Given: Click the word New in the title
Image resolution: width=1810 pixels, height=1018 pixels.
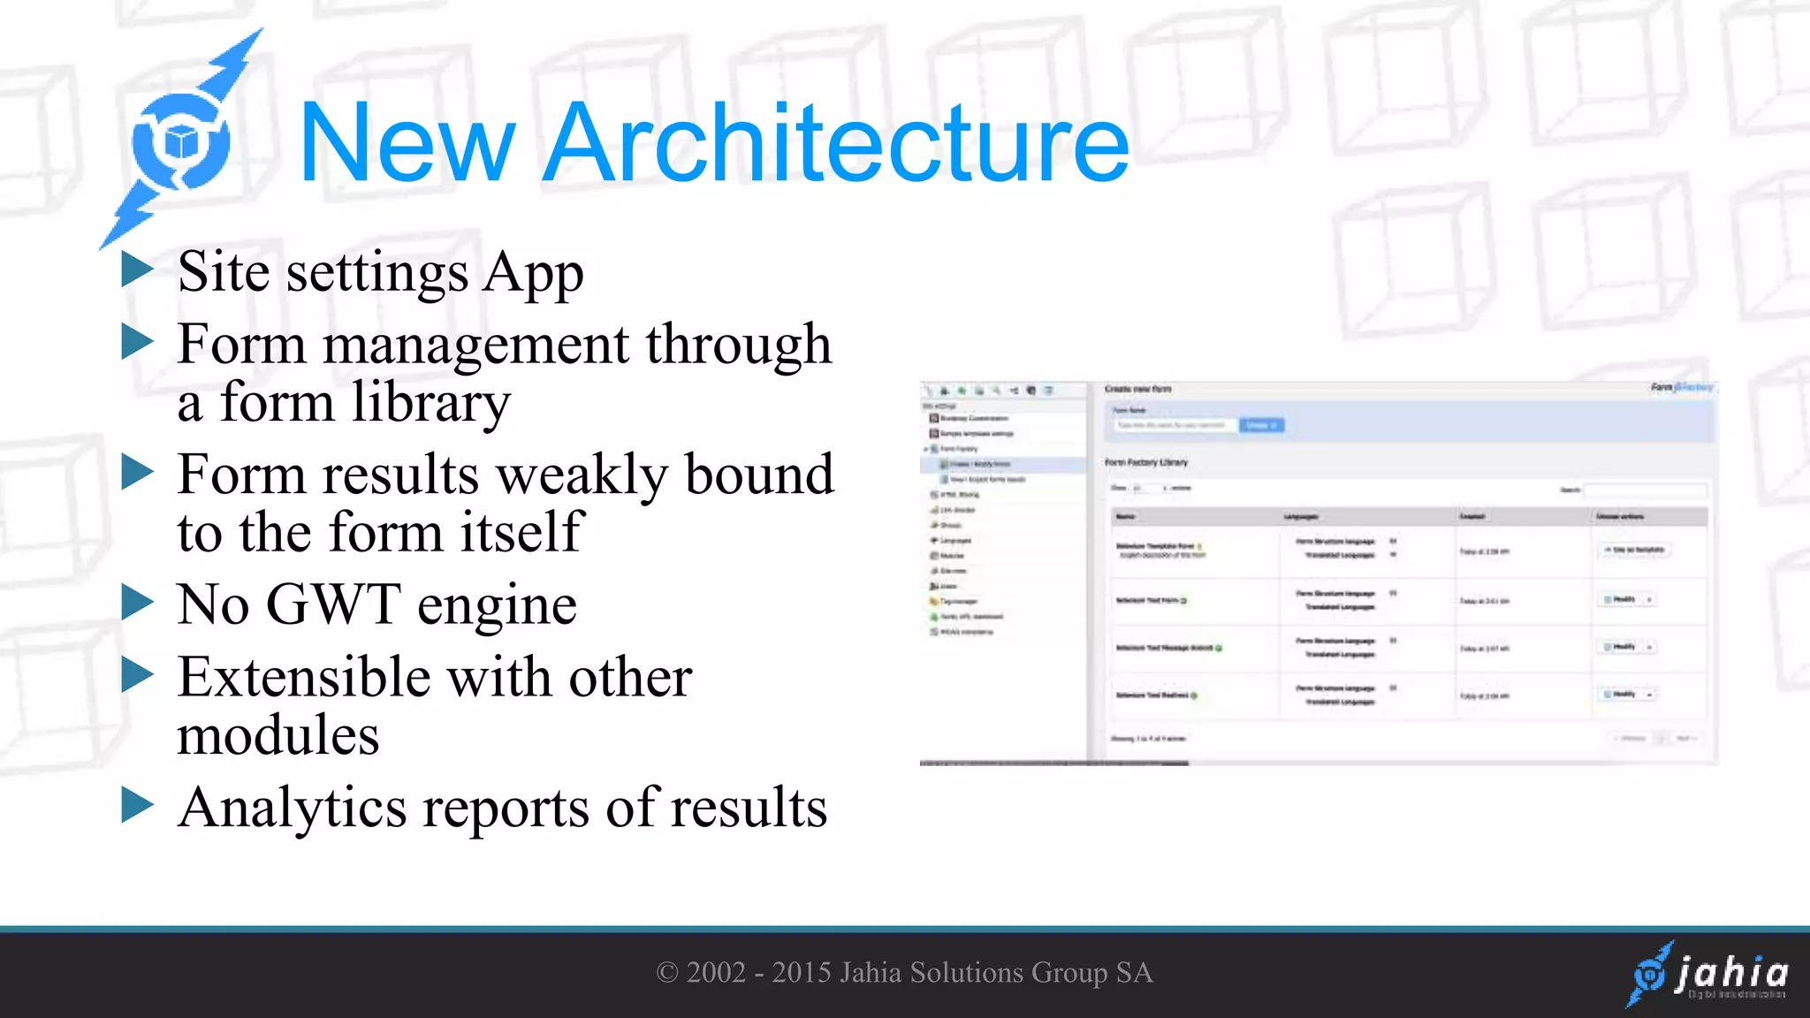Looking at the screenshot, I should click(x=407, y=143).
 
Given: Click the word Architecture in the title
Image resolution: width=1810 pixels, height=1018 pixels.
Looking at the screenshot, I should click(x=835, y=143).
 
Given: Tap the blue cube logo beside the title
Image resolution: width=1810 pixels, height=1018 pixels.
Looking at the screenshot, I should click(x=181, y=141).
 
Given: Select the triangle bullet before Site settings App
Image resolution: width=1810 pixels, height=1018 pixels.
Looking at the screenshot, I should click(x=137, y=269).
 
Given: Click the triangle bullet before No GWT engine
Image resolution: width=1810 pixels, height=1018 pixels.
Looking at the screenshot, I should click(x=137, y=603).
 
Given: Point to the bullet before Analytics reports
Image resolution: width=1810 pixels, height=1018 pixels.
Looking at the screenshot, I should click(x=137, y=804).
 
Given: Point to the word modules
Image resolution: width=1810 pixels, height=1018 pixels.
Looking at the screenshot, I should click(x=278, y=735).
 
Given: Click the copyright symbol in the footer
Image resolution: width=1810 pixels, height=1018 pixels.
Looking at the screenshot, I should click(x=666, y=973).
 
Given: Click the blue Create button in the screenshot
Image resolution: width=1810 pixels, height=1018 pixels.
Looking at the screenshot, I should click(x=1261, y=425).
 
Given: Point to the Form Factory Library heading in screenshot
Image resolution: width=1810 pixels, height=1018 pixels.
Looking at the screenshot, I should click(x=1146, y=462).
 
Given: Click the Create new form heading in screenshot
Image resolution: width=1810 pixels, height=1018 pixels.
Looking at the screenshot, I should click(x=1137, y=389).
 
